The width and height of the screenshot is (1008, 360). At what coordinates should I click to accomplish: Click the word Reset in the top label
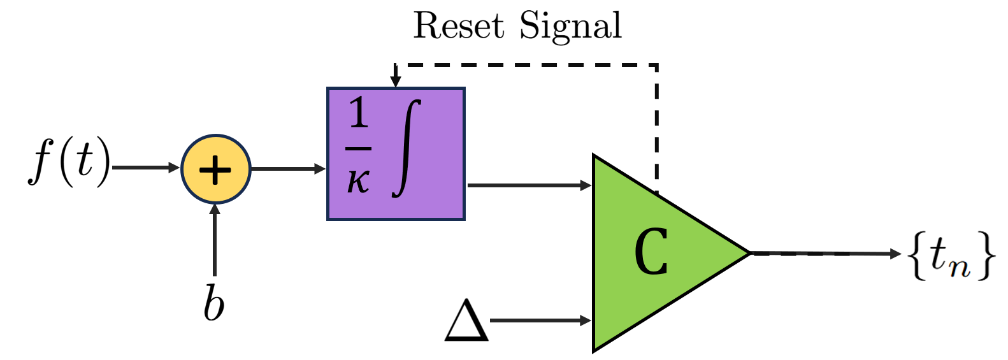point(458,26)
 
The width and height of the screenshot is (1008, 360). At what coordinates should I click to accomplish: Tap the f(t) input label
point(69,163)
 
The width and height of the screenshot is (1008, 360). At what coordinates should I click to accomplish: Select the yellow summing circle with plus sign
point(216,169)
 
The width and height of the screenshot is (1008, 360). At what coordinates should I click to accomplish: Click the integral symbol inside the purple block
point(408,148)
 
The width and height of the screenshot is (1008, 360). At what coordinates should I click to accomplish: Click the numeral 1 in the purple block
point(359,113)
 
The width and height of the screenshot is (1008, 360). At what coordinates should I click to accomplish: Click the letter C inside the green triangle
point(651,252)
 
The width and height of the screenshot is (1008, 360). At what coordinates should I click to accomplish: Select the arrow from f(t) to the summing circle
point(145,168)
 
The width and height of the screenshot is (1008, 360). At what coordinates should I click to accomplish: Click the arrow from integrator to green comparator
point(529,185)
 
